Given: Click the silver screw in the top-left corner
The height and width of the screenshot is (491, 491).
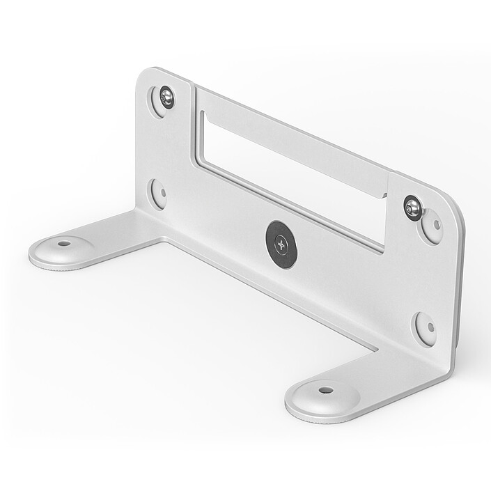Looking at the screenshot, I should tap(166, 97).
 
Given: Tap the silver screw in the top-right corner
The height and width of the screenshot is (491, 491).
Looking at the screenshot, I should tap(412, 206).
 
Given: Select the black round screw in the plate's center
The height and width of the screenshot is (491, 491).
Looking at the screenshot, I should tap(281, 244).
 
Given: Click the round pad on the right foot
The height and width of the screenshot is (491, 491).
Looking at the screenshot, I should tap(323, 396).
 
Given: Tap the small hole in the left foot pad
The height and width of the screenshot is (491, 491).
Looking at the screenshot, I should tap(64, 244).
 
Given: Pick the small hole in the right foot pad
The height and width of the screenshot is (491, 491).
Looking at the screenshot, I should tap(326, 391).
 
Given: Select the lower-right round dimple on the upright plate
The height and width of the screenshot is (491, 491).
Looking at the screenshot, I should tap(425, 328).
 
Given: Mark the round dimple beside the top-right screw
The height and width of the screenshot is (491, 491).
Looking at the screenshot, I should tap(432, 226).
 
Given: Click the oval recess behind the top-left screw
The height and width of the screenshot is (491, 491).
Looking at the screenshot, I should tap(159, 101).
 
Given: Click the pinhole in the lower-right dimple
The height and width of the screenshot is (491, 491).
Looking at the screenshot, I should tap(430, 327).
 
